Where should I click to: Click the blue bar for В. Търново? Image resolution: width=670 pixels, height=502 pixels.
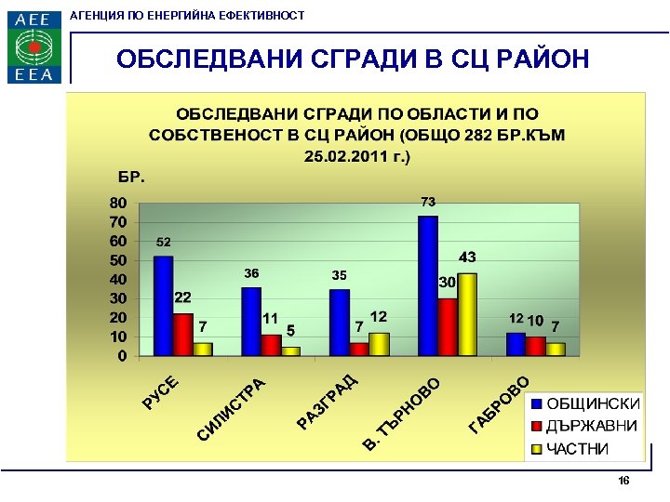coord(428,286)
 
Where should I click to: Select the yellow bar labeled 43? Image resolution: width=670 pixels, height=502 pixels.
coord(467,314)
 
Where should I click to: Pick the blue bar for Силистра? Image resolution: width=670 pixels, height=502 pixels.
coord(251,321)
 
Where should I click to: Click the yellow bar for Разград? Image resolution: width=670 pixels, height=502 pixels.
coord(379,344)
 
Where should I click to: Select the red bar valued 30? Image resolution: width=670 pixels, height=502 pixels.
coord(448,327)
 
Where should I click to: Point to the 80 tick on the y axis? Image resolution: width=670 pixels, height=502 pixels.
coord(117,203)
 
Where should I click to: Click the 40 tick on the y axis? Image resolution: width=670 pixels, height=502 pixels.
coord(117,279)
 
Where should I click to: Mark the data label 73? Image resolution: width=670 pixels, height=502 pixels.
coord(428,201)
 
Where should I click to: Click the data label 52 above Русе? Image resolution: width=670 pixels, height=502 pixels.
coord(163,242)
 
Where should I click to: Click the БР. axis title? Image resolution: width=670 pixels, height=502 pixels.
coord(130,177)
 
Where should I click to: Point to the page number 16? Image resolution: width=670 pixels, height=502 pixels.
coord(623,481)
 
